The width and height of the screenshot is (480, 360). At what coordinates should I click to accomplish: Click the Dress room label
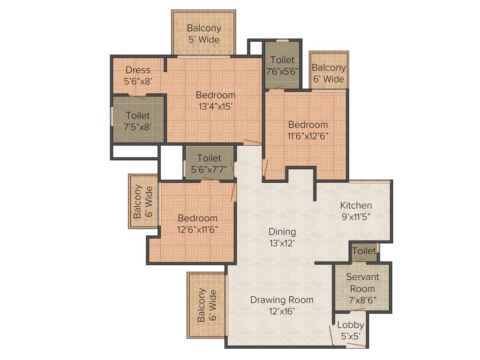point(138,70)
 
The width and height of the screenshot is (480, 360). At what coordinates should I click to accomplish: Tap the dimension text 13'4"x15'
point(216,106)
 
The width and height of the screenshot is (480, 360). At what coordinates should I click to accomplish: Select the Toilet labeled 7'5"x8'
point(138,120)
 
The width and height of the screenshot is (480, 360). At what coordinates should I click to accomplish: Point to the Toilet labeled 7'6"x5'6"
point(282,65)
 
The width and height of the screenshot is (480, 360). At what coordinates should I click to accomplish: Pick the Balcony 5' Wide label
point(203,34)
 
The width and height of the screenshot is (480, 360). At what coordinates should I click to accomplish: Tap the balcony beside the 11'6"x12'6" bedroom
point(329,73)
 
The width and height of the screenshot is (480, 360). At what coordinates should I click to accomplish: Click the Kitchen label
point(356,205)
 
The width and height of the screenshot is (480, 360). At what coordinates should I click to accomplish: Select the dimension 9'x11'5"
point(356,217)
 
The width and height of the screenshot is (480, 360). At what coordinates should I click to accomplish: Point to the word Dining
point(282,232)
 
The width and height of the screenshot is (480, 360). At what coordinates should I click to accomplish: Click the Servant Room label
point(362,283)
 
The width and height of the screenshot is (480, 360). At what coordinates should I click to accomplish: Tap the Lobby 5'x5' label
point(351,330)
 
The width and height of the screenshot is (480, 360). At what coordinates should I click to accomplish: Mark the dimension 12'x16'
point(282,311)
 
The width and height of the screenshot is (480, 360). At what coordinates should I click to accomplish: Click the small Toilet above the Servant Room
point(364,251)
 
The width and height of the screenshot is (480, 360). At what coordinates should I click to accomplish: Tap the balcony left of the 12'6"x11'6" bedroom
point(143,202)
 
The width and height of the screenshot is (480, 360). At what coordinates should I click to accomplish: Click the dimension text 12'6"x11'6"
point(197,229)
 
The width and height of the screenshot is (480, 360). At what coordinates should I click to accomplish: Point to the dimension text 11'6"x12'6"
point(308,136)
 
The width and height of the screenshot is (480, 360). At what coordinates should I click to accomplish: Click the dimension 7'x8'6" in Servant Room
point(362,300)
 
